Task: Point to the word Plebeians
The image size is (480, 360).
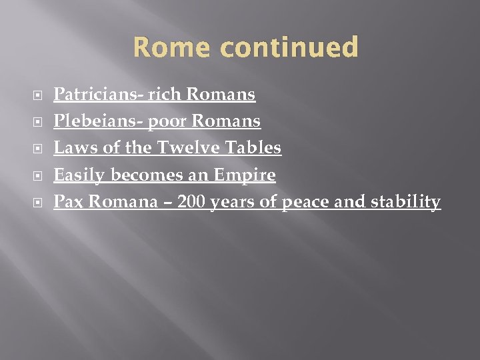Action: (x=83, y=121)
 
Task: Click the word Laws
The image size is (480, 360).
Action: (x=70, y=148)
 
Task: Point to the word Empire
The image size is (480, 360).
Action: (x=244, y=175)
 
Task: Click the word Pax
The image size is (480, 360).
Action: (x=68, y=202)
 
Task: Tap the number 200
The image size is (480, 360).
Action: (x=192, y=201)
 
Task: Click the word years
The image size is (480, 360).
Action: (x=233, y=202)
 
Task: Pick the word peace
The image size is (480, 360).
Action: (x=305, y=202)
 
